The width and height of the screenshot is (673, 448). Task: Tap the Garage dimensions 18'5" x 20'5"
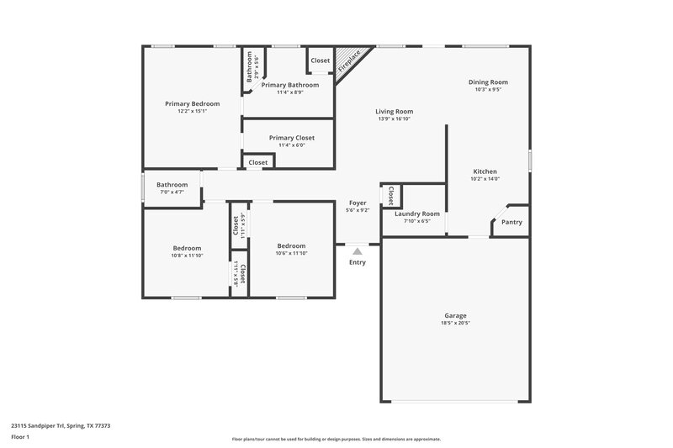[x=455, y=323]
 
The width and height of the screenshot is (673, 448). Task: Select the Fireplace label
[x=349, y=61]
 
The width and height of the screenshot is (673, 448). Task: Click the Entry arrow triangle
[x=358, y=250]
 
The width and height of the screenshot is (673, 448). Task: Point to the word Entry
[x=358, y=262]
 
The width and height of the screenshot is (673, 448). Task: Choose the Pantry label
[x=511, y=222]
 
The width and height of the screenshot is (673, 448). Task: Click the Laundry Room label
[x=417, y=213]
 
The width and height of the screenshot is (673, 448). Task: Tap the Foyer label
[x=358, y=203]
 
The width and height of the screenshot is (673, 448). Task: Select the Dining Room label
[x=488, y=82]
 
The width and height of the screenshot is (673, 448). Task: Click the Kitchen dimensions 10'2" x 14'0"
[x=485, y=178]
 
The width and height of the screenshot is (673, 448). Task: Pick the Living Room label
[x=394, y=111]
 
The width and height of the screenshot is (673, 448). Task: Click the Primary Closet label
[x=292, y=138]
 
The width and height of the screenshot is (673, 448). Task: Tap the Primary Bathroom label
[x=290, y=85]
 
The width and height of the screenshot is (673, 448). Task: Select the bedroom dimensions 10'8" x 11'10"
[x=187, y=255]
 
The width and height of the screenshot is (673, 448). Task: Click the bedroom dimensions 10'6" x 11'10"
[x=292, y=253]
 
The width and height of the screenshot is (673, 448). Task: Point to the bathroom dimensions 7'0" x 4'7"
[x=172, y=192]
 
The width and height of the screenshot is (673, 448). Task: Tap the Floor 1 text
[x=20, y=438]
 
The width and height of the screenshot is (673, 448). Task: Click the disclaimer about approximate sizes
[x=336, y=439]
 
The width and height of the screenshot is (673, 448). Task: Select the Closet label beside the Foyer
[x=390, y=195]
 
